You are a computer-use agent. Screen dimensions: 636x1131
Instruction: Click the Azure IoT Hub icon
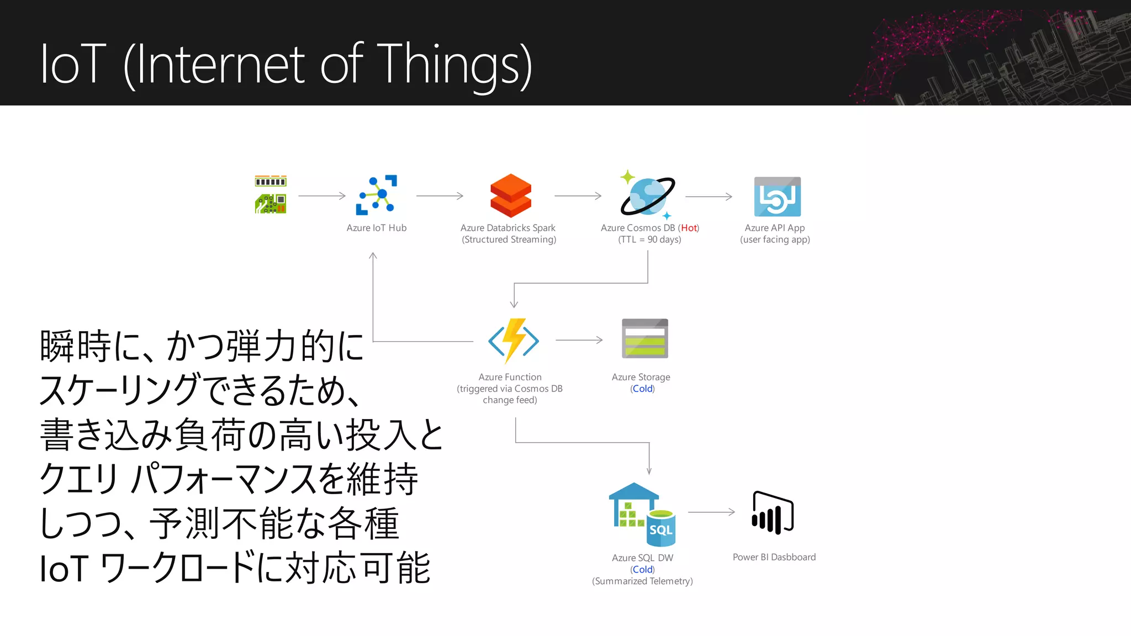[376, 195]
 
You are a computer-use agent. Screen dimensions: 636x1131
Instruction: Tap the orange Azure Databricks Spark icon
[510, 196]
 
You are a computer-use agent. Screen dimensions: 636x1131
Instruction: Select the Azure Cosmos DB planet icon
[647, 196]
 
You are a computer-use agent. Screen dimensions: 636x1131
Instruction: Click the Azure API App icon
[777, 197]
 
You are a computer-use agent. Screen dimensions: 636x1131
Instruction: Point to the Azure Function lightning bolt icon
[513, 341]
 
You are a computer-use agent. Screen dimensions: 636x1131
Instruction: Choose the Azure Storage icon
[644, 338]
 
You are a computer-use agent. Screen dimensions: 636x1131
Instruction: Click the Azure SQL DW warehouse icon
[642, 514]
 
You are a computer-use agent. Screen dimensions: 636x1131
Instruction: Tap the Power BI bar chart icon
[772, 513]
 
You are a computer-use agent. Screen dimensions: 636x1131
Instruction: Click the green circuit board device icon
[271, 195]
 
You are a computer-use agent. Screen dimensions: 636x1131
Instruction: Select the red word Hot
[689, 228]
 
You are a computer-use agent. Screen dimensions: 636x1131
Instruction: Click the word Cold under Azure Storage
[642, 389]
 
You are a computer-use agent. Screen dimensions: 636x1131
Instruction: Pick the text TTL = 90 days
[649, 240]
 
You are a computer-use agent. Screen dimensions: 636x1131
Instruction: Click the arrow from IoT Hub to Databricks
[440, 196]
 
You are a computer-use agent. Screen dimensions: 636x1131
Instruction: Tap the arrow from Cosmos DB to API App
[709, 197]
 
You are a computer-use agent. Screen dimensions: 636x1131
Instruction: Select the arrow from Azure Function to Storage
[579, 340]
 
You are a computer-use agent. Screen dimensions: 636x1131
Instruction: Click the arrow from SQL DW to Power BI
[711, 512]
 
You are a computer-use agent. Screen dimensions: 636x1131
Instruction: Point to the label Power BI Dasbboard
[774, 557]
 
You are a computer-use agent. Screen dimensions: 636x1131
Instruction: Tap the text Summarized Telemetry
[642, 581]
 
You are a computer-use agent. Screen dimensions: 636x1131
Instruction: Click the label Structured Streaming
[509, 240]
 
